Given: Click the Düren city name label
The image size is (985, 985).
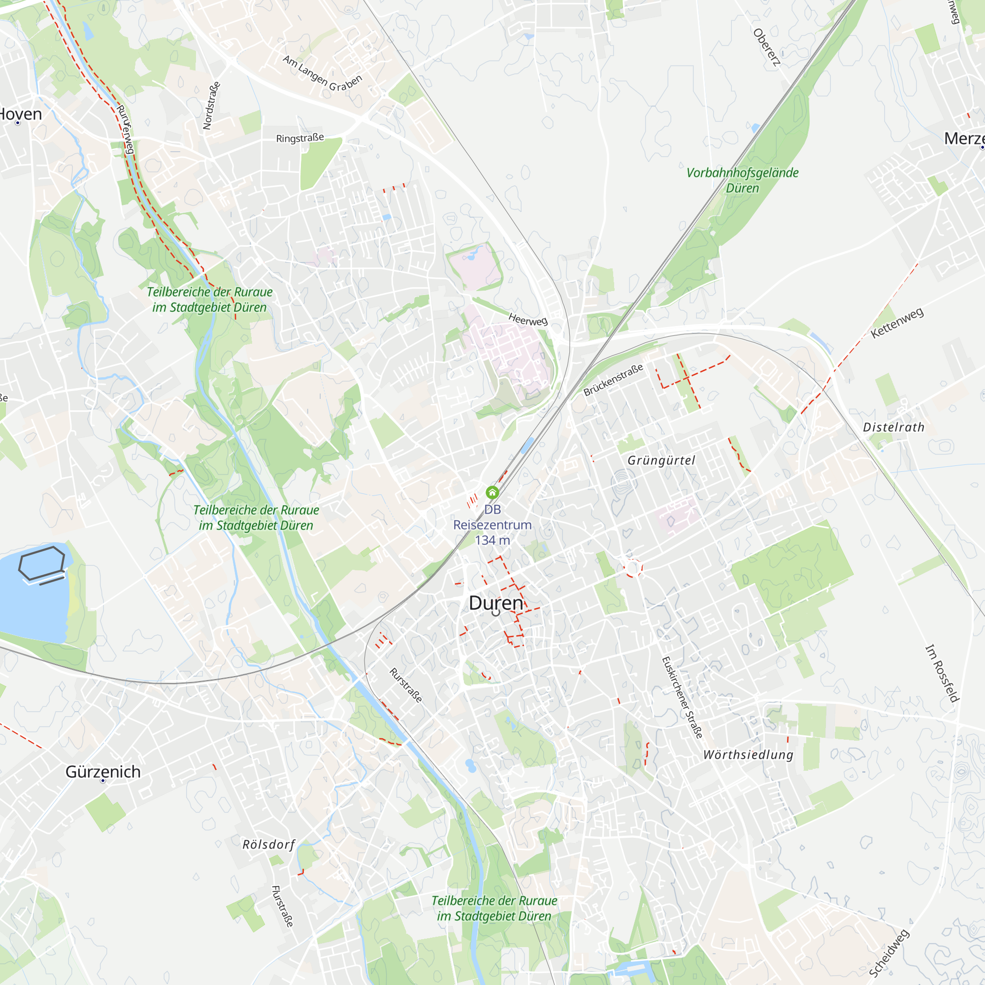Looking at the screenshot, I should (495, 603).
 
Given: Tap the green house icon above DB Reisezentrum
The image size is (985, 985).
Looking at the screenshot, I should (492, 492).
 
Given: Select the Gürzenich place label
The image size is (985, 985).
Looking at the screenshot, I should (103, 771).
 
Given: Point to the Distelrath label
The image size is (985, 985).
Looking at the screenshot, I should (893, 427).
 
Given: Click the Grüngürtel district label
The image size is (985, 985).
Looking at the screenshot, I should (661, 460).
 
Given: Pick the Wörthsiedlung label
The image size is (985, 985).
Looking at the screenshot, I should (748, 755).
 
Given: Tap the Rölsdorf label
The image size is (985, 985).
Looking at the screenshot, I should (269, 844).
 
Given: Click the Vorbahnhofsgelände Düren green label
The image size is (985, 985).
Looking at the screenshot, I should (742, 180).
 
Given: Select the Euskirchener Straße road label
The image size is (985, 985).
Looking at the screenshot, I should (682, 697).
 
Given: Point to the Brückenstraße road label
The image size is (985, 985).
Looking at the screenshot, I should (613, 380).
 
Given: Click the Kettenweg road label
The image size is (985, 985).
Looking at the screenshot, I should (897, 323).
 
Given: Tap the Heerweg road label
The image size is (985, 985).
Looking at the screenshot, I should (527, 320).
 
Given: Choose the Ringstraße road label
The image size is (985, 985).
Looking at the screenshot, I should (300, 138).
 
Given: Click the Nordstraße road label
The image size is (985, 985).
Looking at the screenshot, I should (211, 105).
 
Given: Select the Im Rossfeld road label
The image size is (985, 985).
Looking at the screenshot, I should (942, 673).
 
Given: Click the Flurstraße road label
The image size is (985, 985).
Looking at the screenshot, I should (282, 906).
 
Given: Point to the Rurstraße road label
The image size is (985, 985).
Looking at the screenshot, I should (406, 685).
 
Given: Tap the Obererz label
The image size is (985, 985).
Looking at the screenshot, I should (766, 47).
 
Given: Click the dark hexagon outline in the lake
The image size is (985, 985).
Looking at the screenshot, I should (42, 563).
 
